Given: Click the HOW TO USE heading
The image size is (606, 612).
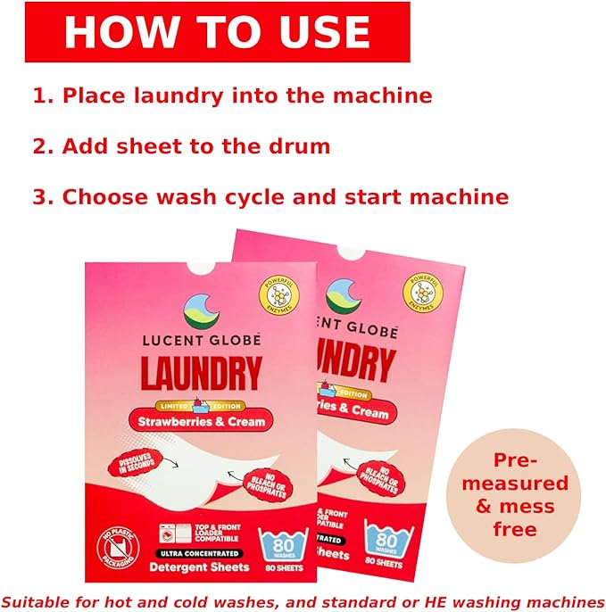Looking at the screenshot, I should pyautogui.click(x=217, y=32).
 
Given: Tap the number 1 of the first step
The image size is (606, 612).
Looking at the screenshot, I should pyautogui.click(x=39, y=95).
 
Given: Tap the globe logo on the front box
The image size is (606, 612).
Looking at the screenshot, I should pyautogui.click(x=202, y=310).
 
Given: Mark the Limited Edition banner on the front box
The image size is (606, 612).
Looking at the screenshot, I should pyautogui.click(x=200, y=401).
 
